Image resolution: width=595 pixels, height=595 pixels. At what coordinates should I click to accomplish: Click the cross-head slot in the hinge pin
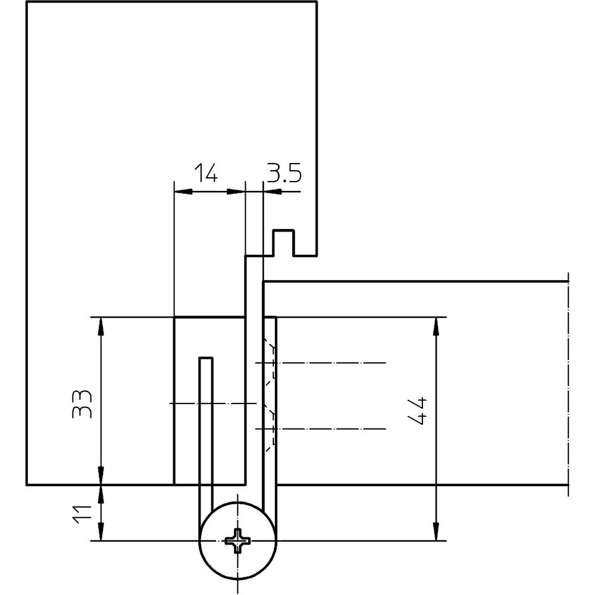coord(238,541)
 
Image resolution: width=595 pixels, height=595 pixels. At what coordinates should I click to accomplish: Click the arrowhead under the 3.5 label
coord(271,192)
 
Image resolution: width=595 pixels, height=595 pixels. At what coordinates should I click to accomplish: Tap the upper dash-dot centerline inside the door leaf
coord(333,362)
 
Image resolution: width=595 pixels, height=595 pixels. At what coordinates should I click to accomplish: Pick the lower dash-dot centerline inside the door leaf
coord(333,428)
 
